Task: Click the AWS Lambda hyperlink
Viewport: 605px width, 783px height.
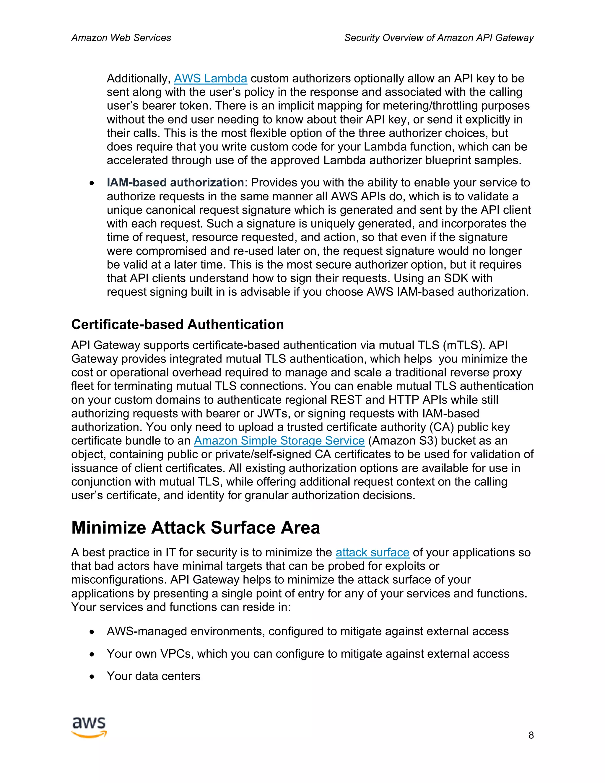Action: tap(210, 79)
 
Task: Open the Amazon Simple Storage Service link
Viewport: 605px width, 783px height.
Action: tap(279, 441)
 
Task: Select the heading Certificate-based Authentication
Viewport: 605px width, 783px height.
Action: tap(178, 324)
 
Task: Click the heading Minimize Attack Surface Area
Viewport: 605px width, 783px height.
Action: tap(195, 528)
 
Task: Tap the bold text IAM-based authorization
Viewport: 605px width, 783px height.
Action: tap(175, 183)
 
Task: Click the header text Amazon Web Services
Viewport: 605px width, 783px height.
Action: tap(121, 38)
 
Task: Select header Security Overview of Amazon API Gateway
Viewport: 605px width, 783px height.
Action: tap(439, 38)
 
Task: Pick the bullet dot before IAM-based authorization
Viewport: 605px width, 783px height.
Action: tap(92, 183)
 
